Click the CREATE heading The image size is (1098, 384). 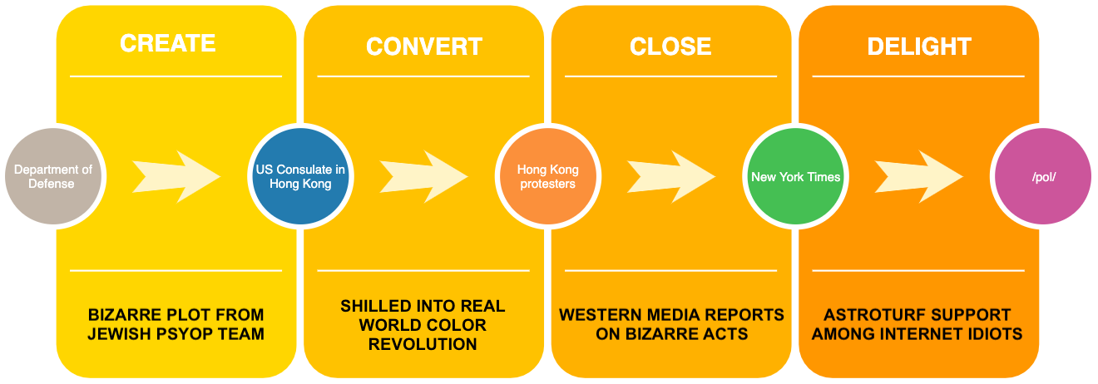coord(168,43)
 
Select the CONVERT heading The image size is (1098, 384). coord(423,47)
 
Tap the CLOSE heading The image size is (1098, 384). coord(670,47)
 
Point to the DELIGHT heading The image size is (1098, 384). coord(919,47)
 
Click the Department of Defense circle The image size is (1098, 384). coord(53,176)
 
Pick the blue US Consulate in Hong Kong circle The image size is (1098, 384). coord(300,176)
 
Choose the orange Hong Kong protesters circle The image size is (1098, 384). coord(547,176)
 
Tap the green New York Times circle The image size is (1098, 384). coord(795,176)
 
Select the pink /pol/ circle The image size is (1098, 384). coord(1042,176)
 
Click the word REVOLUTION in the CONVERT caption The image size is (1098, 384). coord(423,343)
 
